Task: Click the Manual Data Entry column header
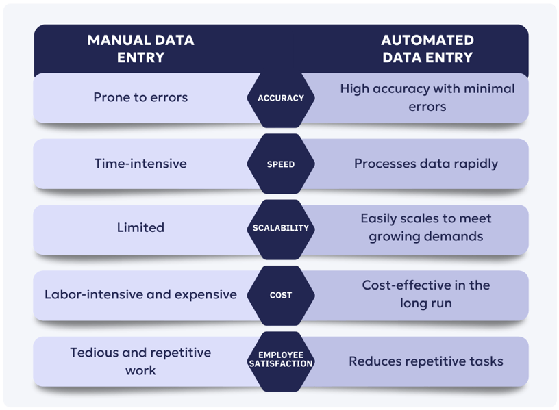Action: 140,49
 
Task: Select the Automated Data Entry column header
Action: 427,49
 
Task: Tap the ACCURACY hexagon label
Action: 280,98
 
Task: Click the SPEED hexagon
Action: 280,164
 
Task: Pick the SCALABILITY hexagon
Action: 280,228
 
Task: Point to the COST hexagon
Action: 280,295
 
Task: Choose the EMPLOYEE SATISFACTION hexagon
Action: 280,359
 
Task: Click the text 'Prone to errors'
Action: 140,97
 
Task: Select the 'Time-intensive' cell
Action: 140,164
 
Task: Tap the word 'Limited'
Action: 140,228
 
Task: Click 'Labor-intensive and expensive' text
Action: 140,294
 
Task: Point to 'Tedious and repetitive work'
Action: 140,361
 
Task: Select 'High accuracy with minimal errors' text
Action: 427,97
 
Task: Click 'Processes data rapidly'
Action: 425,164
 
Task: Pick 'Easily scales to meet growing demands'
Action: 426,227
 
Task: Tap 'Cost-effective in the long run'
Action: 426,294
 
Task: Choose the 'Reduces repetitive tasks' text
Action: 426,361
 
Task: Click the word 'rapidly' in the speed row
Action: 473,164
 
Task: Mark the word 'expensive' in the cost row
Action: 206,295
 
